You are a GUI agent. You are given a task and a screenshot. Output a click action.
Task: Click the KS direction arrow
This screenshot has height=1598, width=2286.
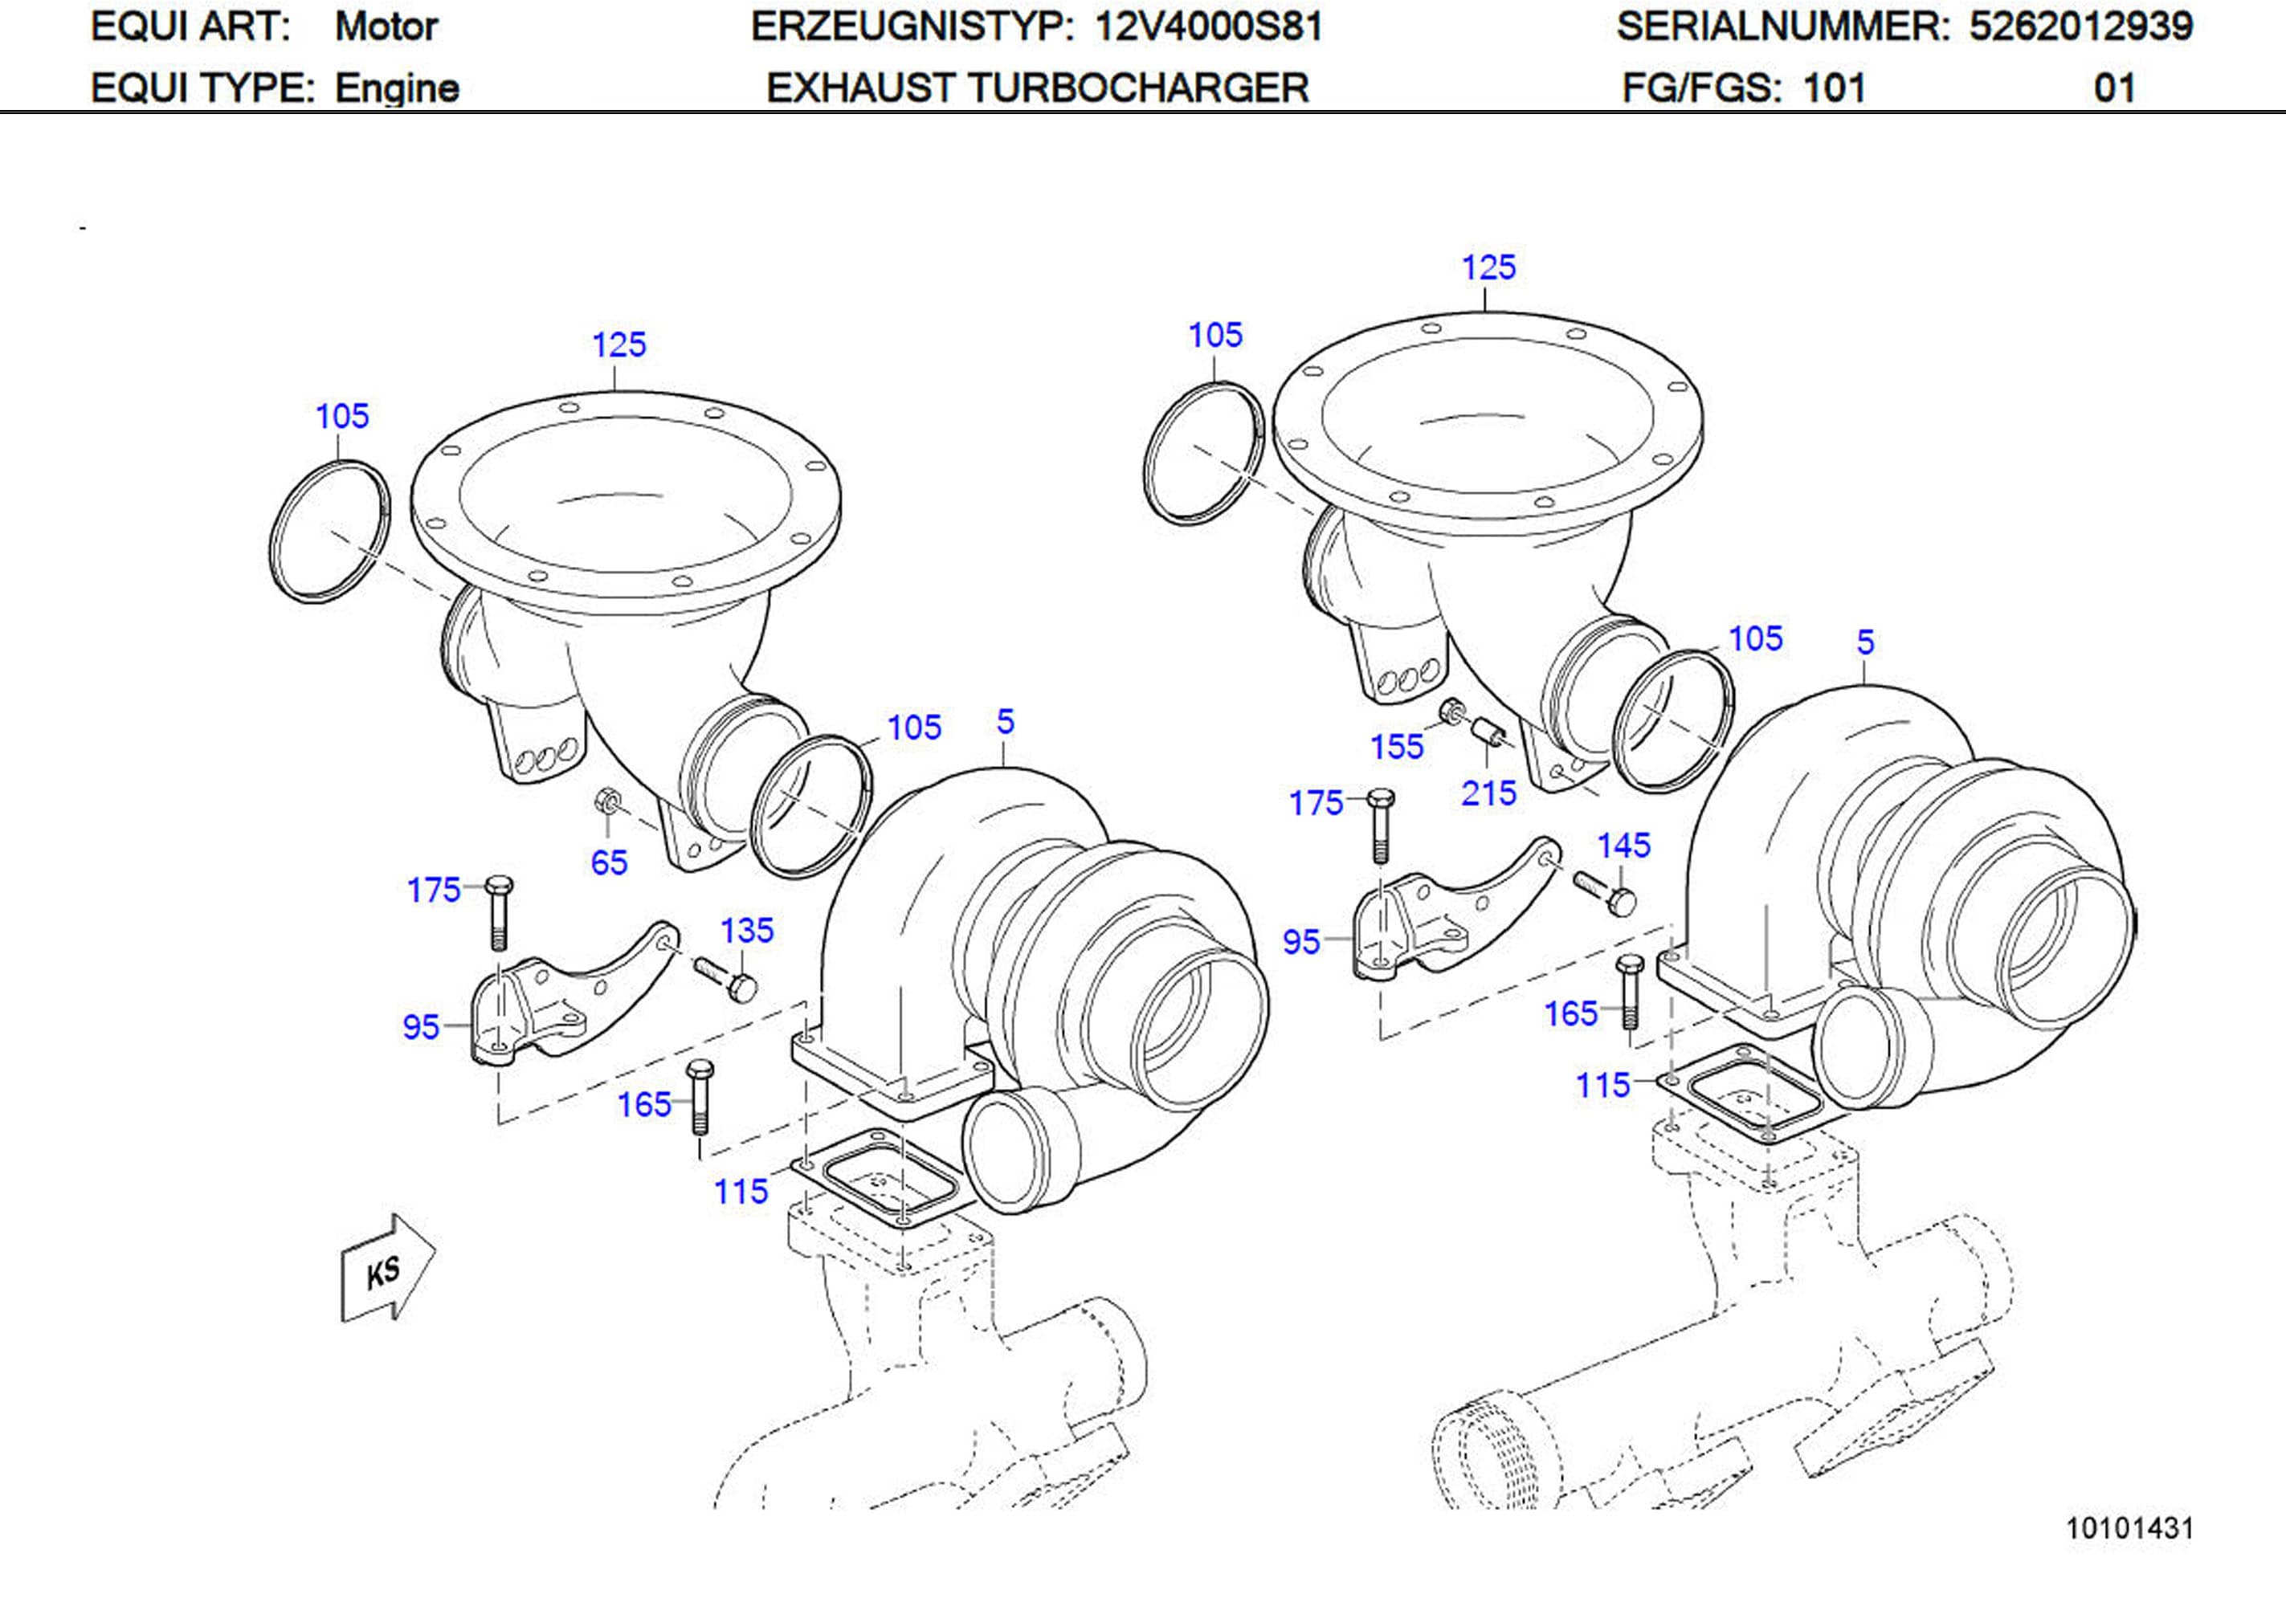click(386, 1269)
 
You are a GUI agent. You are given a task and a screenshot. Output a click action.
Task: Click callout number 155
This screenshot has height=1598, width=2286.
click(1396, 747)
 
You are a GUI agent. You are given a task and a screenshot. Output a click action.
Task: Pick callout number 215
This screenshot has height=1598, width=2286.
click(1488, 793)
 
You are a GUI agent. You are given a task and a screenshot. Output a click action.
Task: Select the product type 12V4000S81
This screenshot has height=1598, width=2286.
click(1208, 26)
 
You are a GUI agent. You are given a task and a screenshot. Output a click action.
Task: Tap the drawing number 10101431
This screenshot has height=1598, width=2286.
click(2129, 1528)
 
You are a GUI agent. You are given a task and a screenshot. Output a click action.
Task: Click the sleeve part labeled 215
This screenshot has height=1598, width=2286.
click(1488, 733)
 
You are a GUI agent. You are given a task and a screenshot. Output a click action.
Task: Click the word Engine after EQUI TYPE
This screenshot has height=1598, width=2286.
click(396, 88)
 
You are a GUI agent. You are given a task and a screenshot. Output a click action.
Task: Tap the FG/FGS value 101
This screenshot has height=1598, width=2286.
click(1833, 88)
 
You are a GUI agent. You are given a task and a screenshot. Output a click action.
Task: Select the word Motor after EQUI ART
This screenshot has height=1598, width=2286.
click(386, 26)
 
